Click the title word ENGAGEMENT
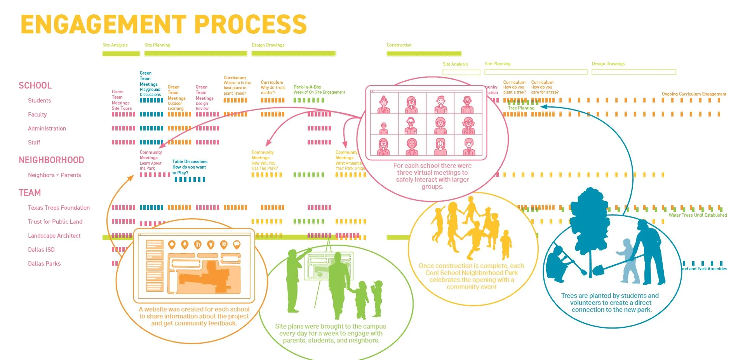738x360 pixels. pyautogui.click(x=103, y=24)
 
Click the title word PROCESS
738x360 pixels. pyautogui.click(x=250, y=24)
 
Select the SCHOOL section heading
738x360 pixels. pyautogui.click(x=35, y=85)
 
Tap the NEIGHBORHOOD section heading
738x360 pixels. pyautogui.click(x=51, y=160)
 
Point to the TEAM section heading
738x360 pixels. pyautogui.click(x=30, y=193)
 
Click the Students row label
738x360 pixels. pyautogui.click(x=39, y=101)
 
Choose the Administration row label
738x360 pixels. pyautogui.click(x=47, y=129)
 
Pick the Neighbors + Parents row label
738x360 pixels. pyautogui.click(x=54, y=175)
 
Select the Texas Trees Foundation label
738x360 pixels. pyautogui.click(x=59, y=208)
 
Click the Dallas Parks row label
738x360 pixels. pyautogui.click(x=44, y=264)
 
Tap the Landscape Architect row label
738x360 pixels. pyautogui.click(x=54, y=236)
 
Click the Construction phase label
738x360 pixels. pyautogui.click(x=399, y=45)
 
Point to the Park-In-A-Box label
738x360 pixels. pyautogui.click(x=307, y=87)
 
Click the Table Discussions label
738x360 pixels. pyautogui.click(x=190, y=162)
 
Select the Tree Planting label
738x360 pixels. pyautogui.click(x=521, y=108)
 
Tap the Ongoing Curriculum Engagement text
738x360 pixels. pyautogui.click(x=694, y=94)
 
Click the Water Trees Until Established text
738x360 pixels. pyautogui.click(x=698, y=215)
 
